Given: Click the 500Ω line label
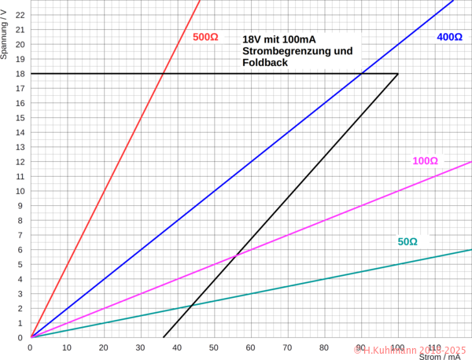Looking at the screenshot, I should (x=205, y=37).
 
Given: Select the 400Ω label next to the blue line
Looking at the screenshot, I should (x=449, y=37).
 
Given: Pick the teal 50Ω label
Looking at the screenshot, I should (x=407, y=241).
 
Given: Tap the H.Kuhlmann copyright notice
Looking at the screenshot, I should (x=410, y=347).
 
